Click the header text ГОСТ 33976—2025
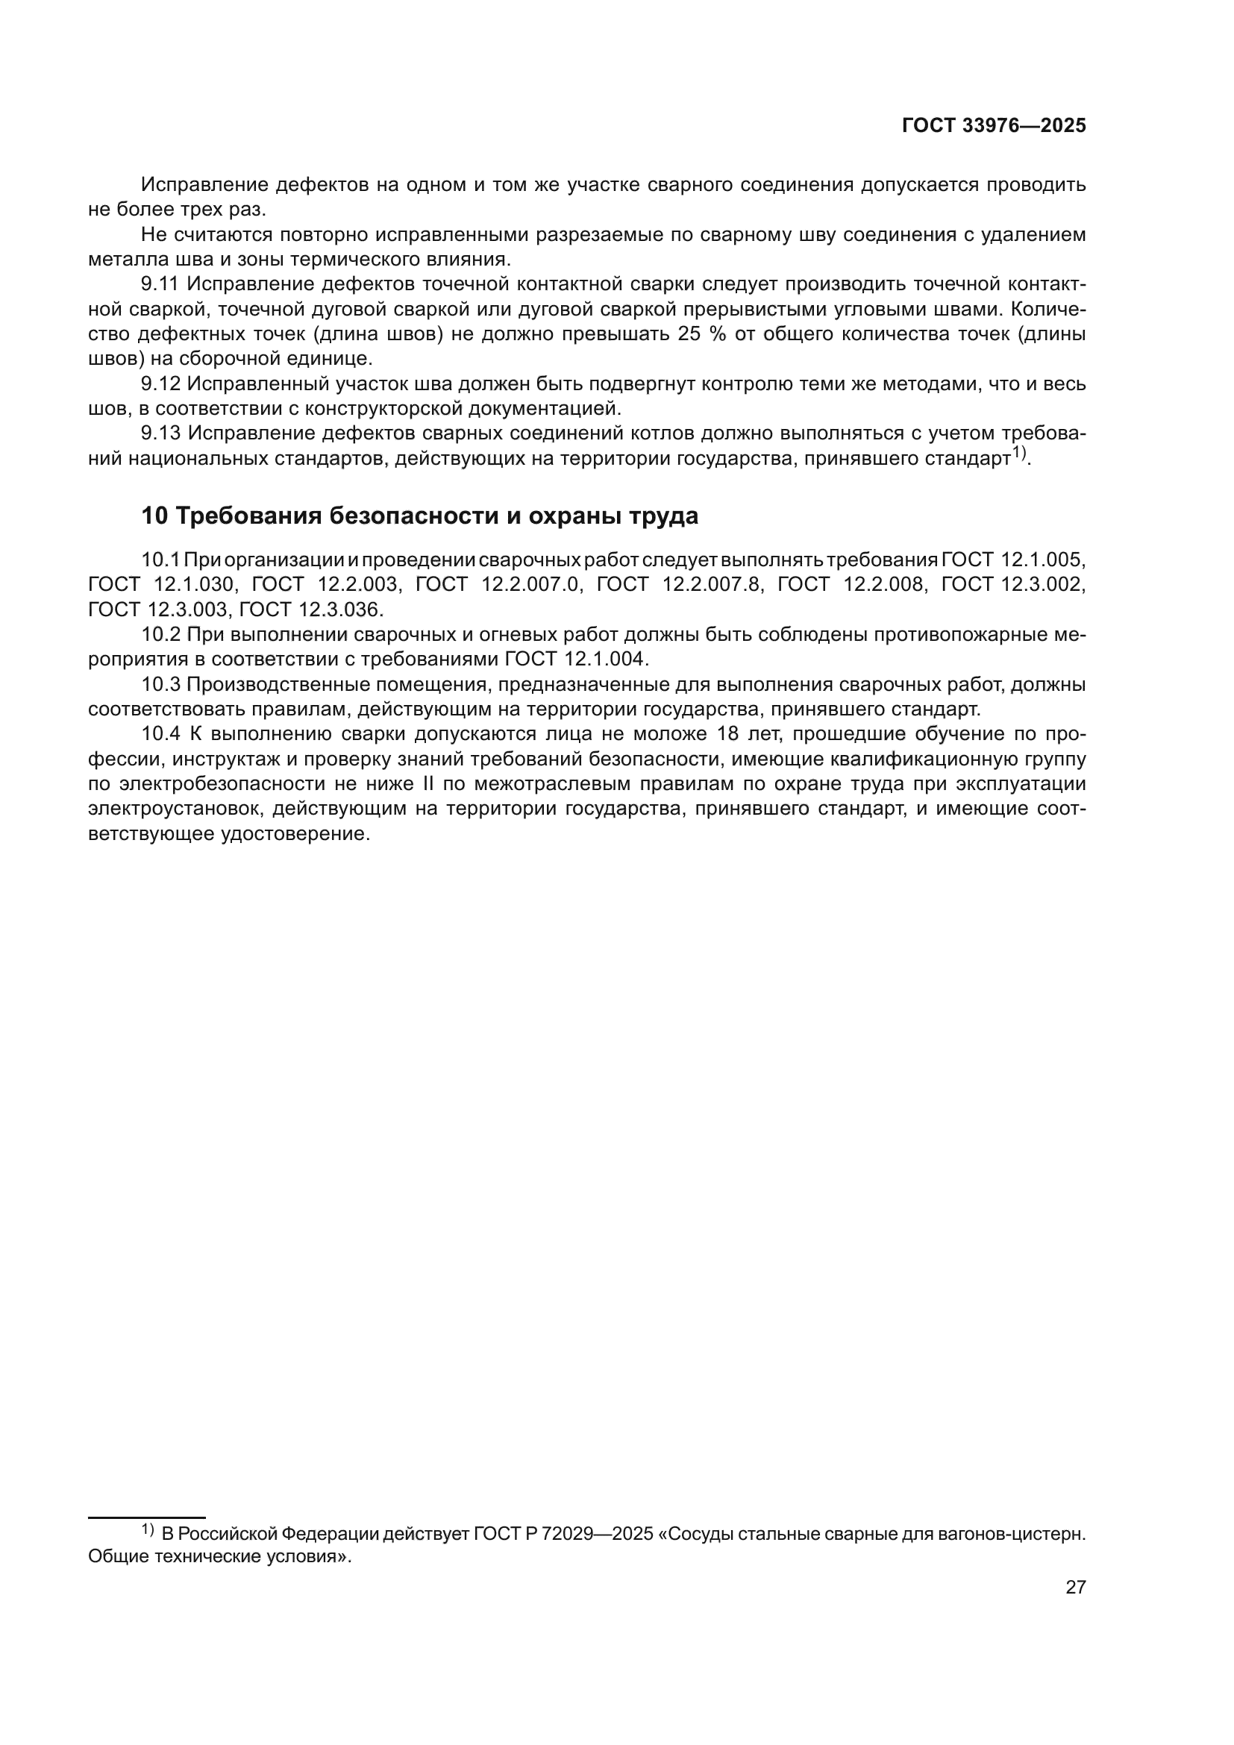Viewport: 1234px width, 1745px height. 994,126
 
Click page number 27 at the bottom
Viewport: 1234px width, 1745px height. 1075,1587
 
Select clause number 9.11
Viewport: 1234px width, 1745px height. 159,284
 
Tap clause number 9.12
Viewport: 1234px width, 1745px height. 159,383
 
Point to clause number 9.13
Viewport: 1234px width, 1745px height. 159,433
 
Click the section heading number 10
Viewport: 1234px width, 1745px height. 154,516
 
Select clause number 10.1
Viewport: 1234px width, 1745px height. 160,560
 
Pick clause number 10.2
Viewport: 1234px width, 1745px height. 160,635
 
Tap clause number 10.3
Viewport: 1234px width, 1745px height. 160,685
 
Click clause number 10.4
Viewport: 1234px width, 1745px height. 160,734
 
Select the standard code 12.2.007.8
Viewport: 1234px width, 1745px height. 711,584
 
